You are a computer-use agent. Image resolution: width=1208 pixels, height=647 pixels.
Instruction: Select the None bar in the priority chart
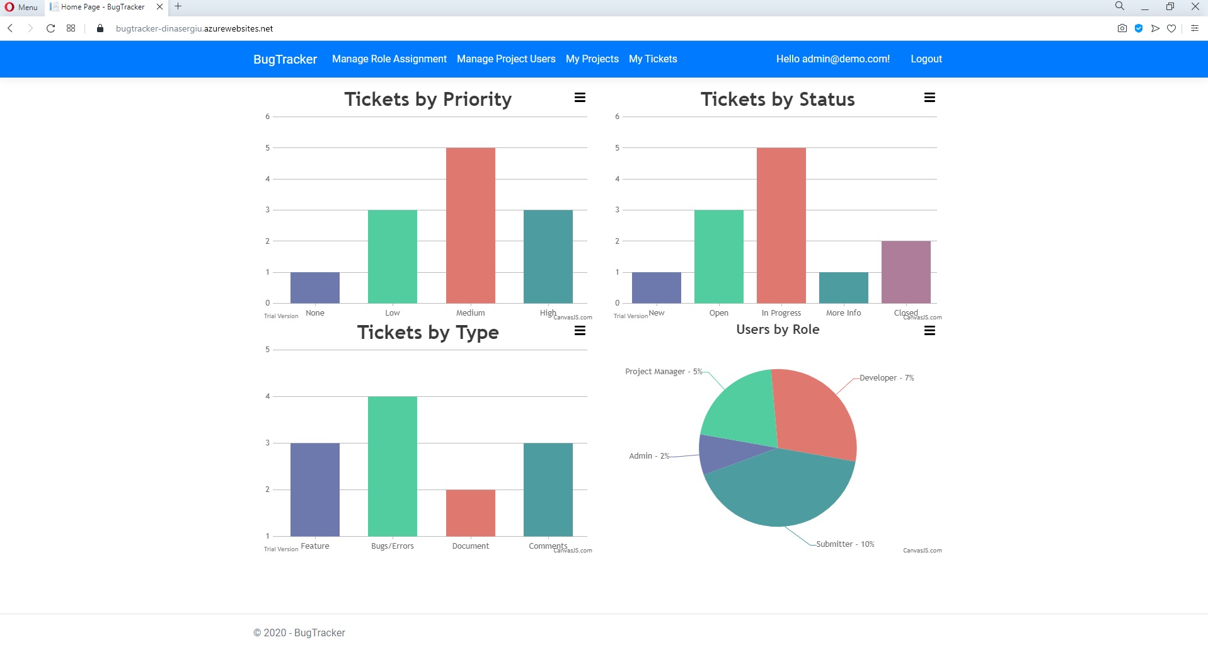click(314, 288)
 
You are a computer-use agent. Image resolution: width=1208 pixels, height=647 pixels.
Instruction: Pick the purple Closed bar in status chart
click(906, 272)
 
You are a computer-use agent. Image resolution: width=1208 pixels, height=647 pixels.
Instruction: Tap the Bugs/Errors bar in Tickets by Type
click(392, 466)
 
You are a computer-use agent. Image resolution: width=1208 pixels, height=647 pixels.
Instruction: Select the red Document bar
click(470, 513)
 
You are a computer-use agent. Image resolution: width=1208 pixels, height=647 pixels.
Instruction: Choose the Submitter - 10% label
click(844, 544)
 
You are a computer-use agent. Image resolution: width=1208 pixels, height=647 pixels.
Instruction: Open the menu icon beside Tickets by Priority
click(580, 98)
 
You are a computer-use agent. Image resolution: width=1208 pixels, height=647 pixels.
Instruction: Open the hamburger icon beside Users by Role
click(929, 331)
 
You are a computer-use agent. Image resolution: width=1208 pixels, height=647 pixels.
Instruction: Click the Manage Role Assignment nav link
click(389, 59)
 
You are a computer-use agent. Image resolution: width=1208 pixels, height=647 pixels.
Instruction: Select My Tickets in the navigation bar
click(652, 59)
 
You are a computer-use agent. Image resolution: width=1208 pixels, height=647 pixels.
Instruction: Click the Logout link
click(926, 59)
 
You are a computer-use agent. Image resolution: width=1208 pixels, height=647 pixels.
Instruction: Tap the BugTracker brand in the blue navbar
click(285, 59)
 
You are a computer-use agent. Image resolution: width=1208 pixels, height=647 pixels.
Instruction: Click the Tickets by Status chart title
click(777, 100)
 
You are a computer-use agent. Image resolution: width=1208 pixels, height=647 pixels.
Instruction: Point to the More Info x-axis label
click(843, 313)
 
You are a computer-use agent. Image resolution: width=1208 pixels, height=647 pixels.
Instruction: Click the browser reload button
click(50, 28)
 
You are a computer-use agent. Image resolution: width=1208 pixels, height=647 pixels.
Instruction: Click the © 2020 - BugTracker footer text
click(299, 633)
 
